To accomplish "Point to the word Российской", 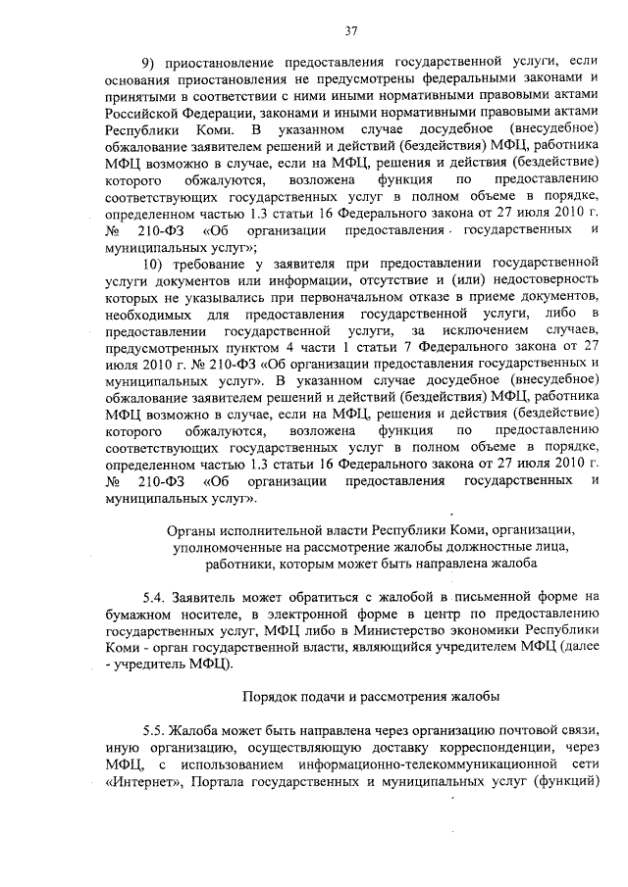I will pos(147,112).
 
